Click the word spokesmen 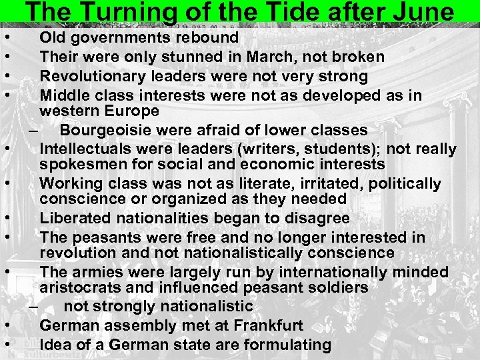pyautogui.click(x=81, y=164)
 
